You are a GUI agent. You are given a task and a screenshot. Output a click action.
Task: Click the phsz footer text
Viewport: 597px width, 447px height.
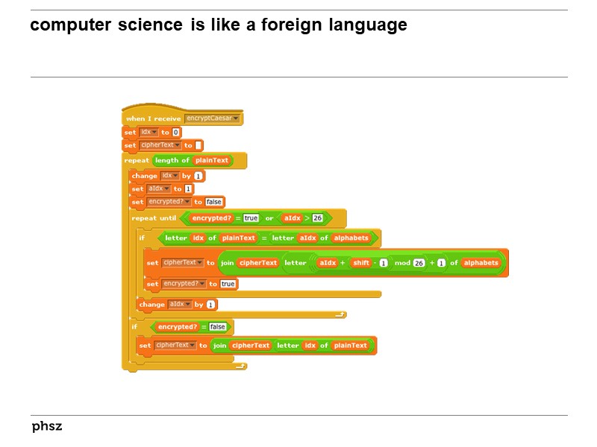coord(46,427)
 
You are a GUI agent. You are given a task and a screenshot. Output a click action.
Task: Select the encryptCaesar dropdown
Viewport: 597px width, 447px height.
coord(213,118)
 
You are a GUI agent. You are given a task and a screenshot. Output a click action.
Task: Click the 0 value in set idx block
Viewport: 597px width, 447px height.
coord(175,132)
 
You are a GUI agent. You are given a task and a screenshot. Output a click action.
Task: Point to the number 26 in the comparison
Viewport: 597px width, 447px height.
coord(317,218)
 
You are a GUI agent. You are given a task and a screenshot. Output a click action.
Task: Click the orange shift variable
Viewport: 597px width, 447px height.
coord(361,263)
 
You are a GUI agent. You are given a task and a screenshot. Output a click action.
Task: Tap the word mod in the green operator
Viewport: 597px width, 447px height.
coord(401,263)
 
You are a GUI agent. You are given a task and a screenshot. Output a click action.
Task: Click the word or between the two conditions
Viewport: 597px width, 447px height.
coord(269,218)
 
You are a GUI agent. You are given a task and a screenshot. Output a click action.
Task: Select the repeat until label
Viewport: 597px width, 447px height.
coord(154,218)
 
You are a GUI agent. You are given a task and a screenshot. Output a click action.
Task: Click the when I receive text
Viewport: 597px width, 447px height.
coord(153,118)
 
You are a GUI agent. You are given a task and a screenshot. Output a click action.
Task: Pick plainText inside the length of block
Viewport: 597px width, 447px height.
coord(212,160)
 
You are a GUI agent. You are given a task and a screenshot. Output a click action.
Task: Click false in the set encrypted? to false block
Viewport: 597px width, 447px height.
coord(214,202)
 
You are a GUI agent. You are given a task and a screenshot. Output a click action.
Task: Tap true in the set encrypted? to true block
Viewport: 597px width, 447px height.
coord(228,284)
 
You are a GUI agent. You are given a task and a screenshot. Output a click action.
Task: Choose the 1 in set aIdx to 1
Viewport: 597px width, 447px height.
coord(188,188)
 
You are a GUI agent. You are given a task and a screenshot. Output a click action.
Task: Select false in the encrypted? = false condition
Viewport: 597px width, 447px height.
coord(217,326)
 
